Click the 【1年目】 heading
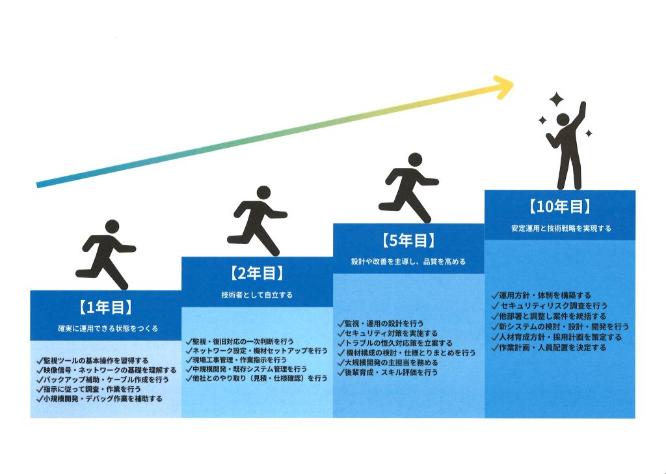tap(105, 307)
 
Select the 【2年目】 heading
tap(257, 273)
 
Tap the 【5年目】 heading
tap(408, 241)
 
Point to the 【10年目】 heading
tap(560, 207)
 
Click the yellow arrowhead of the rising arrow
tap(505, 87)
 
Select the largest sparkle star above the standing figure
tap(556, 100)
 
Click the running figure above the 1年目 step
tap(105, 254)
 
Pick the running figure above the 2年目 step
tap(257, 221)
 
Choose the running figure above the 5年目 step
tap(408, 188)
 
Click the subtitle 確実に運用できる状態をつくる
tap(108, 329)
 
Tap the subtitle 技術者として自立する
tap(257, 295)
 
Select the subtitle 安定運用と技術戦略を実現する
tap(561, 229)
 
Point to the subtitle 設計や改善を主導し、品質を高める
tap(408, 262)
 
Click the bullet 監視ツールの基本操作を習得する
tap(92, 361)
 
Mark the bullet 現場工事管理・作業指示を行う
tap(235, 359)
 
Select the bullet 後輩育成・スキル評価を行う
tap(388, 372)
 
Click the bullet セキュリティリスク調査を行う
tap(550, 305)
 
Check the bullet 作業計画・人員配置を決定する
tap(549, 348)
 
